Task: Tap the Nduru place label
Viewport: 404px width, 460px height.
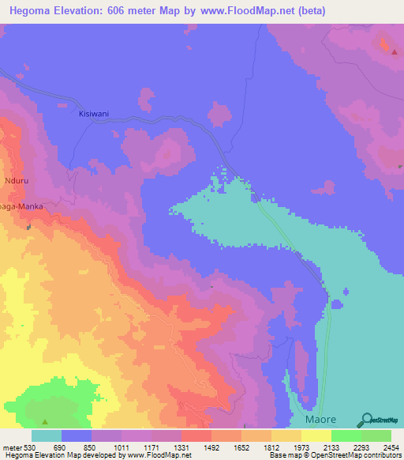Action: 18,179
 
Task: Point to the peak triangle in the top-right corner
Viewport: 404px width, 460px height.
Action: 394,52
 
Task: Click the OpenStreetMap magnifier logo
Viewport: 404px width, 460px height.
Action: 366,419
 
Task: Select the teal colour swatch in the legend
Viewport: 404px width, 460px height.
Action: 47,435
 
